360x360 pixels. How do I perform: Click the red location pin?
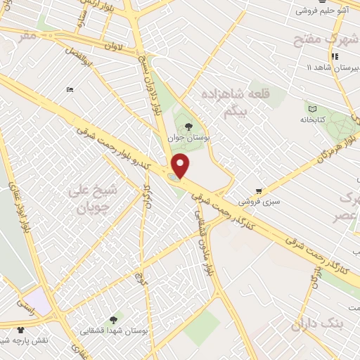[181, 165]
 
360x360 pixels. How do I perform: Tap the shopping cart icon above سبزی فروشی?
[259, 191]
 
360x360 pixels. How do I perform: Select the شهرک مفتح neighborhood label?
[333, 39]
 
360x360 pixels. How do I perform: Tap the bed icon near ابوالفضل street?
[69, 89]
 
